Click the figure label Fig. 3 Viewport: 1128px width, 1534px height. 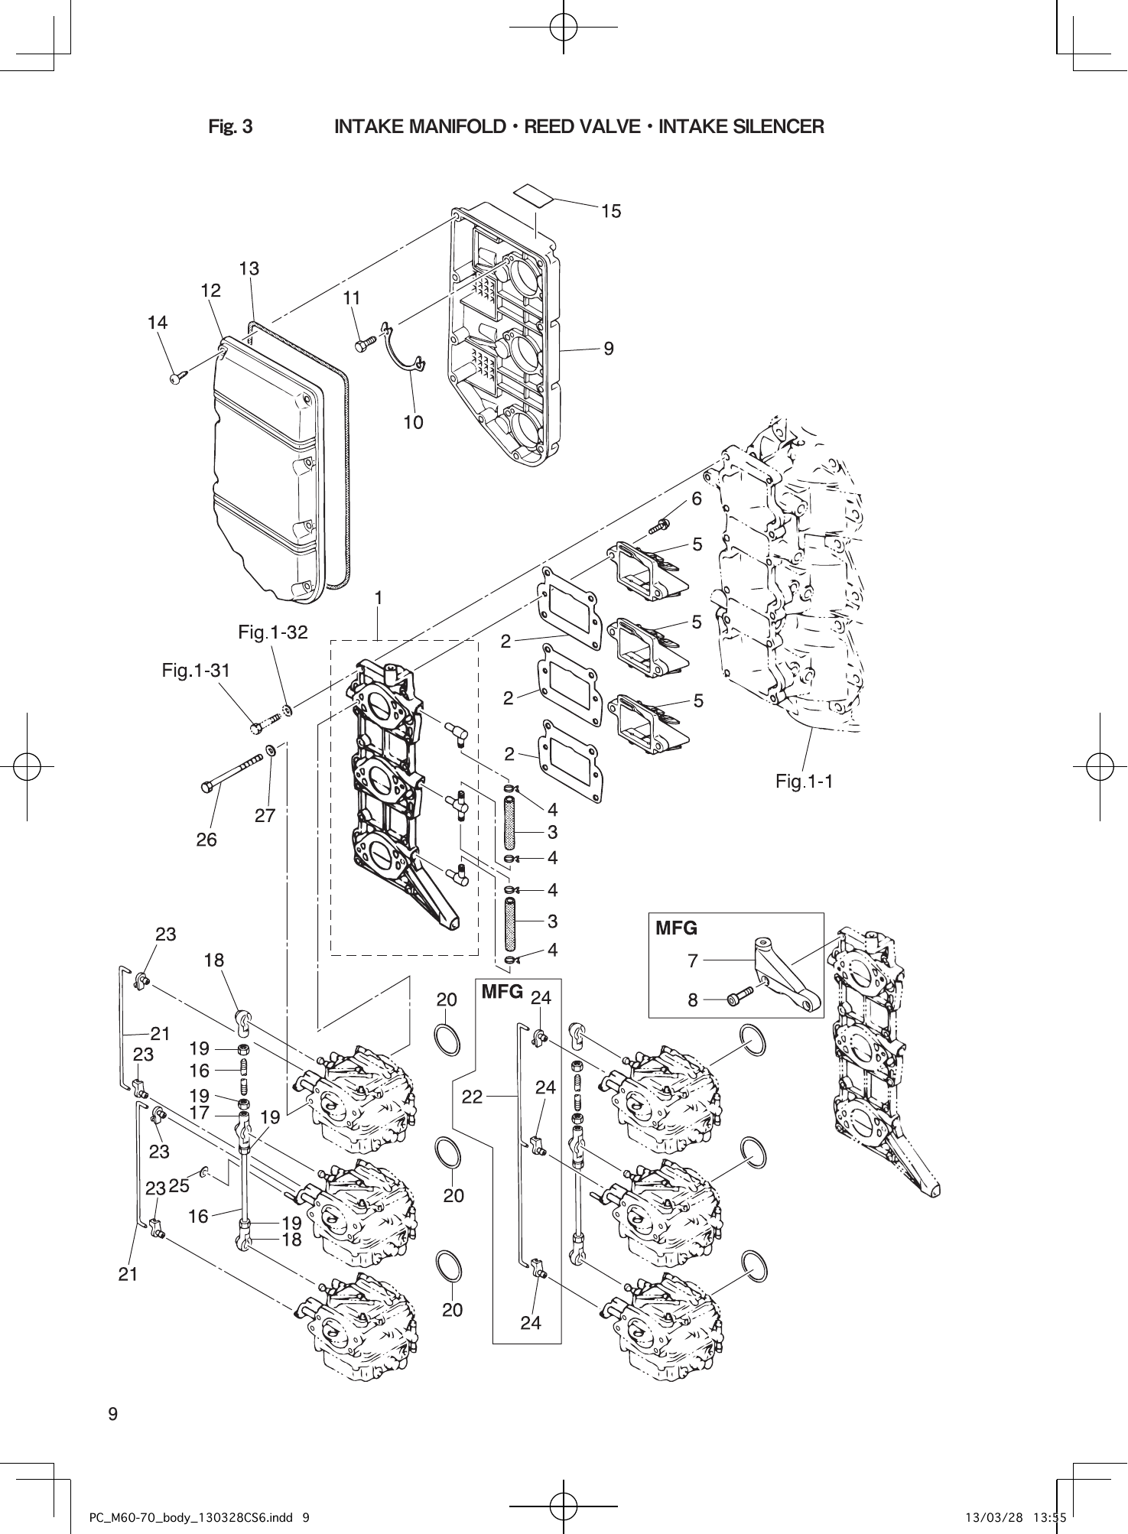point(230,127)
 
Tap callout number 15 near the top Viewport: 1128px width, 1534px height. point(610,212)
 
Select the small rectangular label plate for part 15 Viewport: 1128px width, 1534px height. point(534,194)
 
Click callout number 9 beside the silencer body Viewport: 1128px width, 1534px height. point(608,349)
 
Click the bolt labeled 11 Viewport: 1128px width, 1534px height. point(365,343)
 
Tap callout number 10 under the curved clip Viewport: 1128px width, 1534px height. point(413,422)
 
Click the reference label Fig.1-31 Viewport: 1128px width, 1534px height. point(196,671)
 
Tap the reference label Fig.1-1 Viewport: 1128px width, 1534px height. point(804,781)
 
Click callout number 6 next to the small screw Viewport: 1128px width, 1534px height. point(696,499)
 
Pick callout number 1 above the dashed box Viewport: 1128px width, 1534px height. point(377,598)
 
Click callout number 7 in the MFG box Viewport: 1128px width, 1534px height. point(693,960)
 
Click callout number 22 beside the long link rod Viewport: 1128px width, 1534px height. point(472,1097)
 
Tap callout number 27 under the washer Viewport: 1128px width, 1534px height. point(265,815)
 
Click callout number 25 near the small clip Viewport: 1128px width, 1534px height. point(179,1186)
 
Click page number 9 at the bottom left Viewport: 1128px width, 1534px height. point(113,1413)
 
